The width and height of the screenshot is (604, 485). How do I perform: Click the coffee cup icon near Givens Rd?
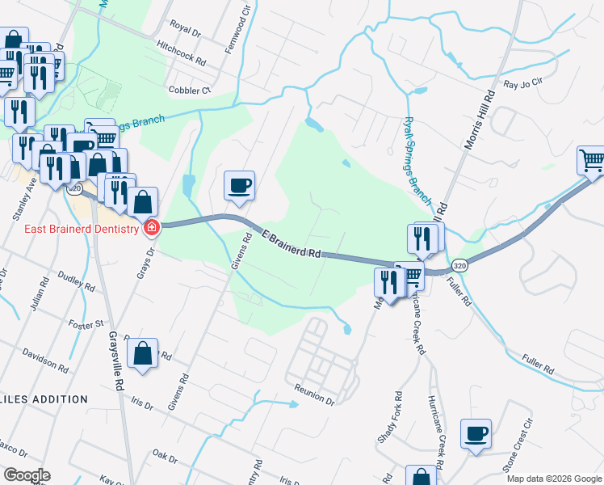tap(239, 186)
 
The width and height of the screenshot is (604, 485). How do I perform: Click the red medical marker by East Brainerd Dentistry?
tap(151, 229)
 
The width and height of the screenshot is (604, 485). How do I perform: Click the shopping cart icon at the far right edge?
tap(592, 161)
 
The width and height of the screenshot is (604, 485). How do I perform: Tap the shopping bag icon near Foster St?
tap(142, 353)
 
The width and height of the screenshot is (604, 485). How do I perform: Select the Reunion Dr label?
tap(314, 394)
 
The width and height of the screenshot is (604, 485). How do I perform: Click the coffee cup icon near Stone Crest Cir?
tap(476, 432)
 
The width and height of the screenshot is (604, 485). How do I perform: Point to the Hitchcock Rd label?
tap(182, 54)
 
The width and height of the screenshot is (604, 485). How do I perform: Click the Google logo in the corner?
tap(26, 475)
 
